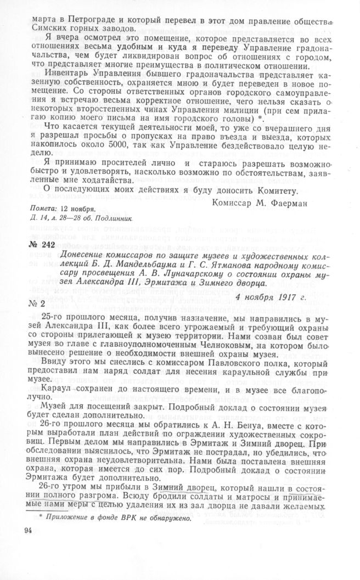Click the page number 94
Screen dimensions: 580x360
pyautogui.click(x=29, y=531)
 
